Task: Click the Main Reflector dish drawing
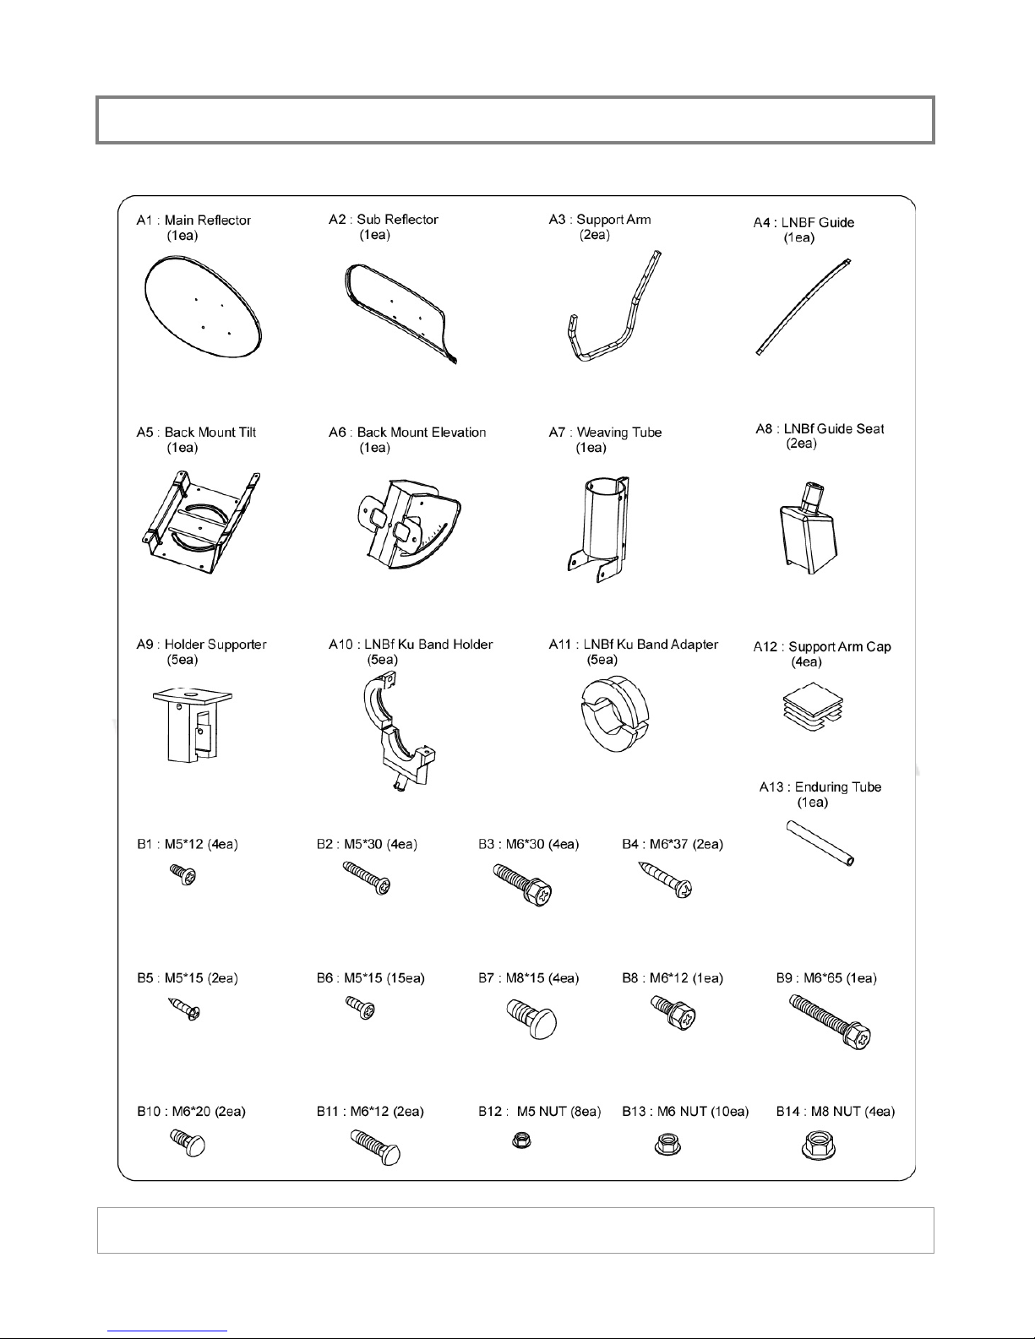tap(203, 310)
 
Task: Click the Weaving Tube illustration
tap(600, 524)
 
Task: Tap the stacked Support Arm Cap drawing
tap(812, 706)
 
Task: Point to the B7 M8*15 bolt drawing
tap(532, 1018)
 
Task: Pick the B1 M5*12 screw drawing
tap(183, 875)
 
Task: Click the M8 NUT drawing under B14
tap(814, 1145)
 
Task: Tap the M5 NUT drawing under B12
tap(522, 1142)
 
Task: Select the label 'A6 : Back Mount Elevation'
tap(407, 433)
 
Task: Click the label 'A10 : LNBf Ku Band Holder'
tap(411, 645)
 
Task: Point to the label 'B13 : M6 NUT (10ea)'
tap(685, 1112)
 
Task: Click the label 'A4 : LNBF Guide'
tap(803, 223)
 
